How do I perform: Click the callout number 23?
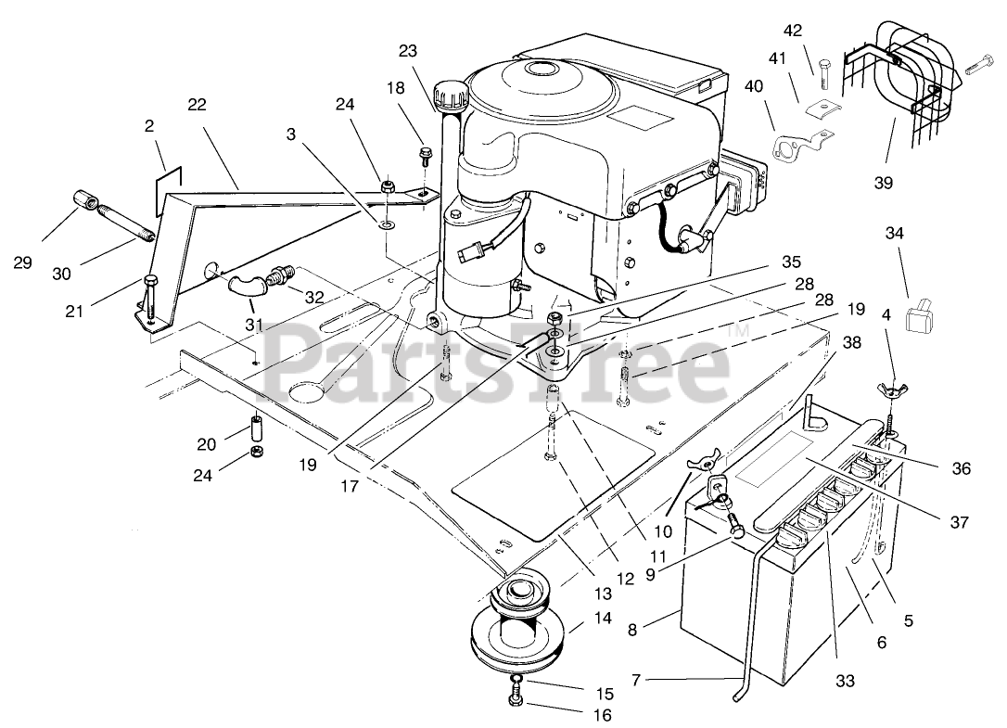pyautogui.click(x=410, y=51)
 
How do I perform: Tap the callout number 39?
pyautogui.click(x=883, y=183)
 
